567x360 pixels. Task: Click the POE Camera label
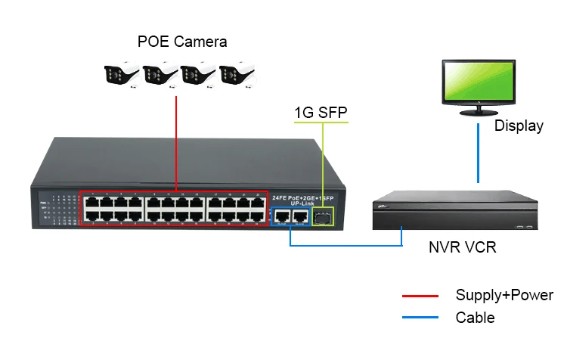tap(181, 42)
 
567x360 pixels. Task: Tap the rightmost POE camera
tap(239, 75)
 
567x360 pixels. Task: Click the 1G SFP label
tap(322, 113)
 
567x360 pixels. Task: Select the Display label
tap(519, 126)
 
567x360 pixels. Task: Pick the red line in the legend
tap(420, 296)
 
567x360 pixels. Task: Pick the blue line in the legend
tap(420, 318)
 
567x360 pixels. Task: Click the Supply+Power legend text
tap(504, 296)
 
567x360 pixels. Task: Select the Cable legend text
tap(475, 318)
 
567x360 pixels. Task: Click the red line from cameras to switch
tap(176, 144)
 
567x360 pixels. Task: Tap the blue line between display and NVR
tap(478, 155)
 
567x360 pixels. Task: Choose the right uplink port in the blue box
tap(300, 216)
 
